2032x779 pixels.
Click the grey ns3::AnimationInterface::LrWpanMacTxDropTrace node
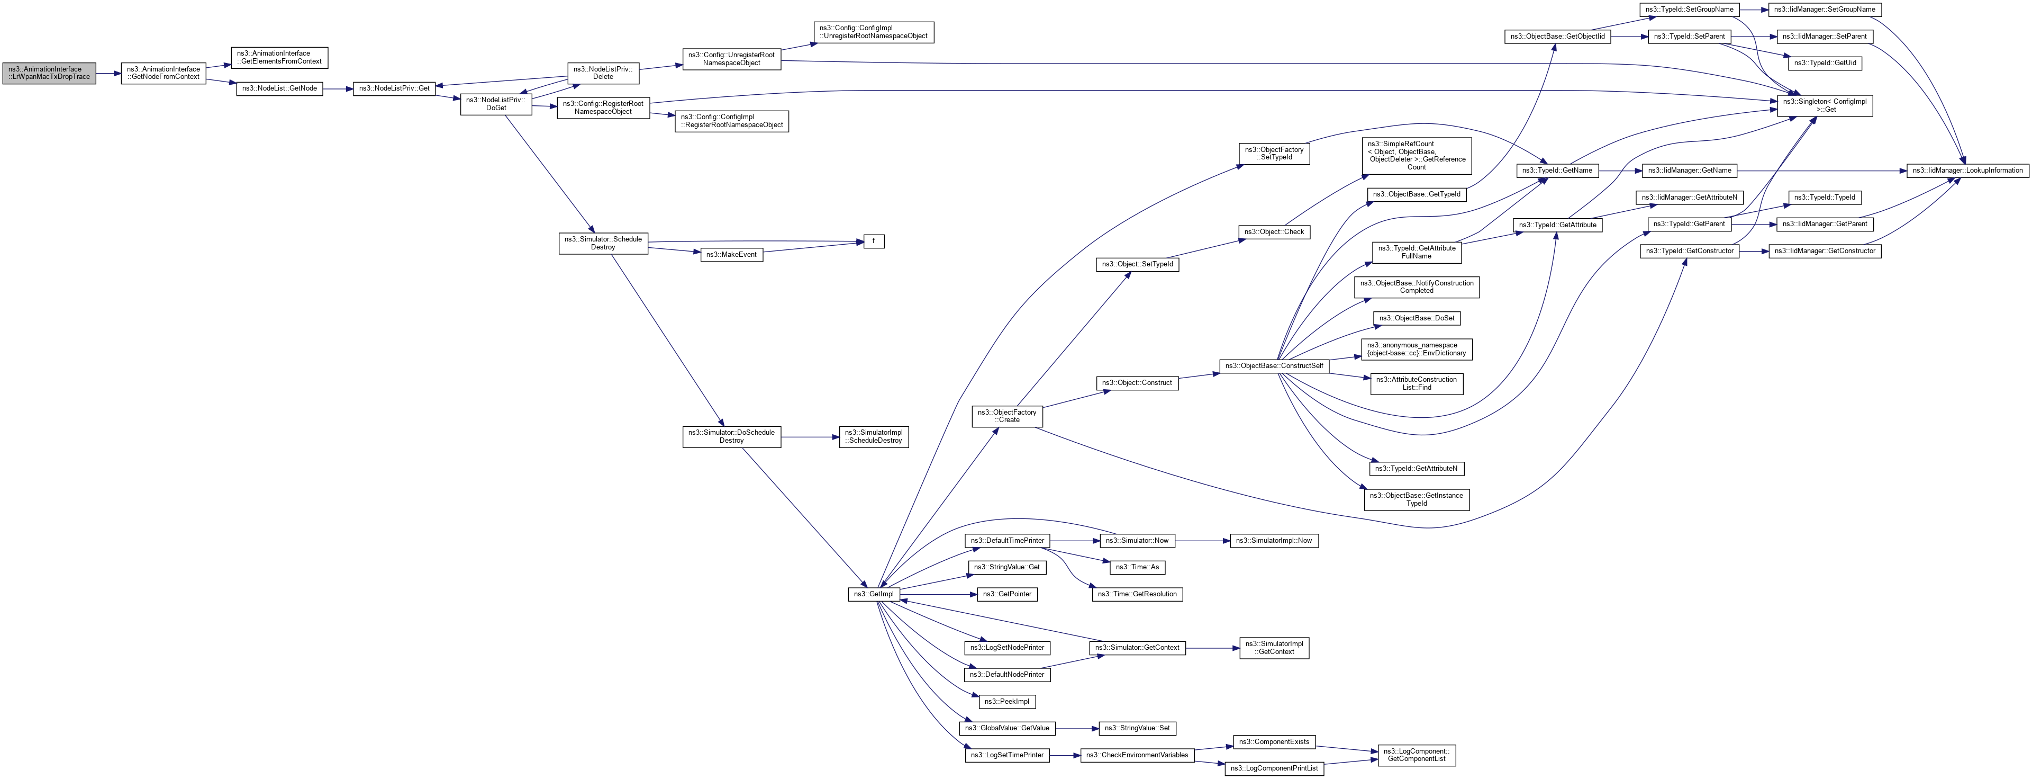point(49,74)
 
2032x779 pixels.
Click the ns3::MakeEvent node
point(731,255)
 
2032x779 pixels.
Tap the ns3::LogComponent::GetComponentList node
point(1416,755)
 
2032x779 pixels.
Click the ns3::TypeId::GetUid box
point(1825,63)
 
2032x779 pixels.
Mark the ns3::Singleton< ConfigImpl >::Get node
point(1825,106)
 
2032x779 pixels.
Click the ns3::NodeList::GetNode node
point(279,88)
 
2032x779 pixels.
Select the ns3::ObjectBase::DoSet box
point(1416,319)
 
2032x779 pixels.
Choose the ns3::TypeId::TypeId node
point(1825,198)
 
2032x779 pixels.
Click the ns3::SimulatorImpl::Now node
point(1274,541)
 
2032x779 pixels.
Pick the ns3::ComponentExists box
point(1274,742)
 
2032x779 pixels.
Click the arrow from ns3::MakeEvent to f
point(812,248)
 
